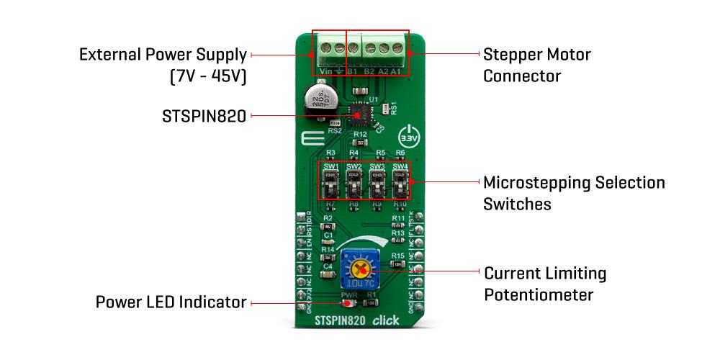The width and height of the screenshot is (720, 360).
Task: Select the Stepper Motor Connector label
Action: coord(537,65)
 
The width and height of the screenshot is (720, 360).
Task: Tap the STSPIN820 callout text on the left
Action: coord(203,115)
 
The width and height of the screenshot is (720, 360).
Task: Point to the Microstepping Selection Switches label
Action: coord(573,192)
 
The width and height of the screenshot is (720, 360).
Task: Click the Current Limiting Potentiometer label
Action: coord(545,284)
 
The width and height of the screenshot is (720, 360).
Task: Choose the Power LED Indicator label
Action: coord(171,302)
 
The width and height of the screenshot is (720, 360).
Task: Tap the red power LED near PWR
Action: coord(338,303)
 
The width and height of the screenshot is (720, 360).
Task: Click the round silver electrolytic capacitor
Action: coord(317,100)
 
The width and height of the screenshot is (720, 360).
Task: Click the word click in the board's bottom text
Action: coord(396,321)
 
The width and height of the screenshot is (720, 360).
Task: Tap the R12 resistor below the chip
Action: coord(360,143)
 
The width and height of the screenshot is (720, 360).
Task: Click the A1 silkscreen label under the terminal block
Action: coord(395,73)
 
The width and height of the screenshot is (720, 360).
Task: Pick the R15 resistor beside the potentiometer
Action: coord(396,264)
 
